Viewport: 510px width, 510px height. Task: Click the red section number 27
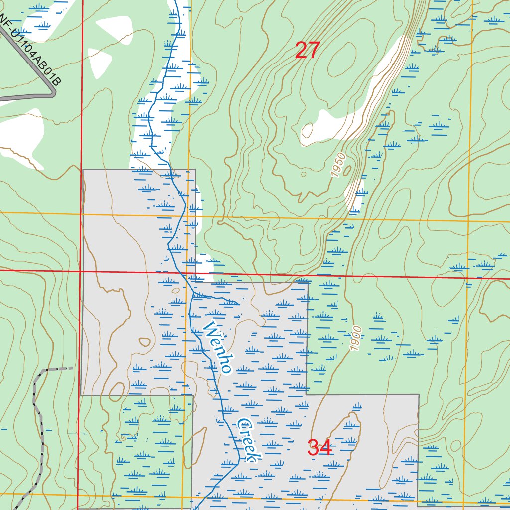point(307,50)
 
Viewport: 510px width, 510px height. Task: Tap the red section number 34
point(319,448)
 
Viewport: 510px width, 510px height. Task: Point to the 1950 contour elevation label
point(338,165)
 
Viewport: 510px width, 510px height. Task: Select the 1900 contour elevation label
point(355,339)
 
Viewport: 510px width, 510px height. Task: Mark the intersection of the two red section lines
point(80,271)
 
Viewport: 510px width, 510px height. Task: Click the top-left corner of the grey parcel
point(84,170)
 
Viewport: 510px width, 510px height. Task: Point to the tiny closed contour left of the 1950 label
point(303,174)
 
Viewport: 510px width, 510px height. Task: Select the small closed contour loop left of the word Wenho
point(144,342)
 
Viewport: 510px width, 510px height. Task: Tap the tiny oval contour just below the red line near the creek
point(175,291)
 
